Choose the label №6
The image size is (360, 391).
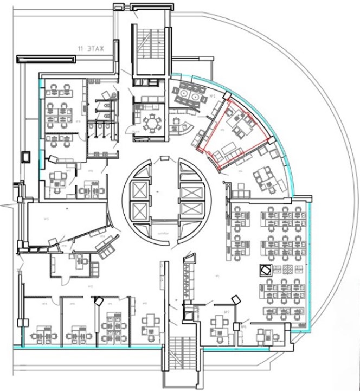[x=245, y=328]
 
